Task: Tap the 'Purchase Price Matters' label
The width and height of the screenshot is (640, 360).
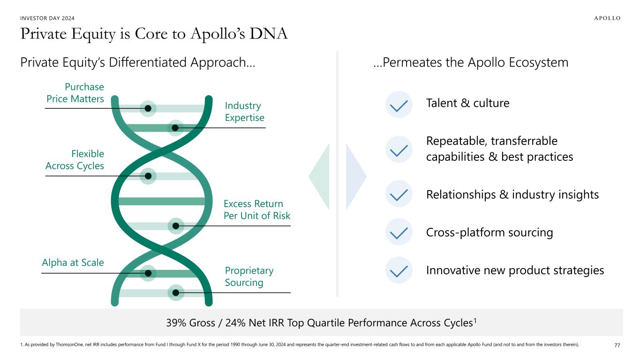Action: point(75,93)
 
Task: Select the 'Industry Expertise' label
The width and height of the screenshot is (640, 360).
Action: point(244,112)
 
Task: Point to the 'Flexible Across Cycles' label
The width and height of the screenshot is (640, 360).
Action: point(75,159)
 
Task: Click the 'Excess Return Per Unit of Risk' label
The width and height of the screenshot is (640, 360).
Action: point(256,210)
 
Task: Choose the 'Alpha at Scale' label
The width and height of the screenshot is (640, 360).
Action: point(73,262)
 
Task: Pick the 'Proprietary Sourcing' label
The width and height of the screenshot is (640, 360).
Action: point(249,277)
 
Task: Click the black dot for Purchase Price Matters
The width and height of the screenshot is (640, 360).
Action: point(148,108)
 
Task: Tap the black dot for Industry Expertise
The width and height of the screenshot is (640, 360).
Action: point(175,127)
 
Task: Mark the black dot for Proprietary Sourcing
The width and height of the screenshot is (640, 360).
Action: point(176,293)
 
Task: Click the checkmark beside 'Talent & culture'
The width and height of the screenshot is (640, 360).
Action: point(399,105)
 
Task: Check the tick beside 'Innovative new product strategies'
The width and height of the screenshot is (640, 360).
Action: point(399,270)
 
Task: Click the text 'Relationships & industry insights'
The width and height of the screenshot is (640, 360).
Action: point(512,195)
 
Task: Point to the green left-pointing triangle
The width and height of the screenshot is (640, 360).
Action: point(320,176)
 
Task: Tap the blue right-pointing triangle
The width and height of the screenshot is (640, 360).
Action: point(355,176)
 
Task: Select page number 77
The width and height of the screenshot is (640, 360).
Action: point(617,345)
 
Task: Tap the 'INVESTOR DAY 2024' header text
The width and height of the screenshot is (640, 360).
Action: point(47,18)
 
